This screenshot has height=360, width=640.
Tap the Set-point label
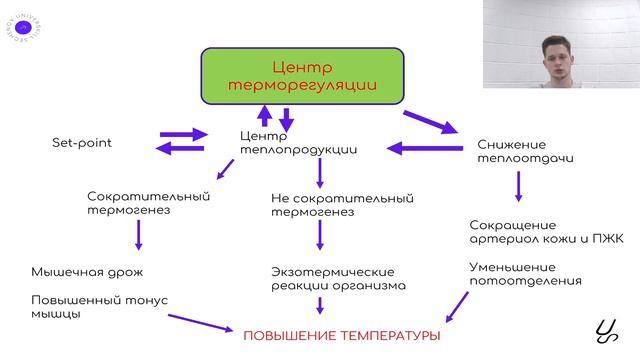[x=82, y=143]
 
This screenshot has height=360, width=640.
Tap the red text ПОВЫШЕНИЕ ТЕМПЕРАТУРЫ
[x=341, y=335]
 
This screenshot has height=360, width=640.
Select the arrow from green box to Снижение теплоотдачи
[x=429, y=123]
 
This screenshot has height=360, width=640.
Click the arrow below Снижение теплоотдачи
[x=518, y=186]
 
